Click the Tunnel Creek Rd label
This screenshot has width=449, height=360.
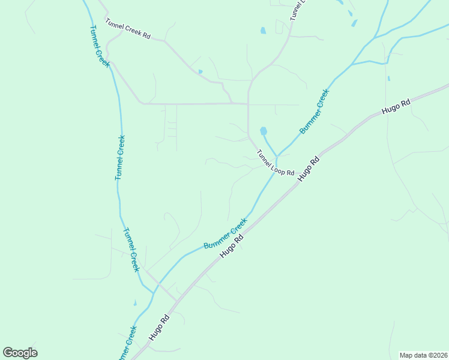click(128, 28)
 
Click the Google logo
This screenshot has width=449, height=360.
click(20, 353)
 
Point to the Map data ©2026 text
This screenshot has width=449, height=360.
click(424, 355)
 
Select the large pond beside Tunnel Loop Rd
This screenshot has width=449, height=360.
click(263, 131)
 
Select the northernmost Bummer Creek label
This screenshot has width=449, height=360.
click(315, 111)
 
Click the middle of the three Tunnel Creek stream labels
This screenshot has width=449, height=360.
click(121, 157)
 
